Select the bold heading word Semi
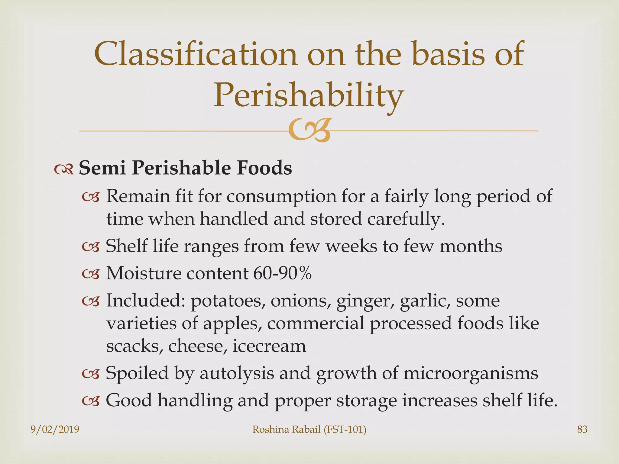pyautogui.click(x=102, y=168)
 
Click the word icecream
pyautogui.click(x=269, y=346)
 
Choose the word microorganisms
pyautogui.click(x=470, y=373)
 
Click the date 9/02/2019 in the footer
pyautogui.click(x=55, y=429)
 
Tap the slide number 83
pyautogui.click(x=582, y=429)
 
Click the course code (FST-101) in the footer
pyautogui.click(x=345, y=429)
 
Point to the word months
pyautogui.click(x=471, y=246)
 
